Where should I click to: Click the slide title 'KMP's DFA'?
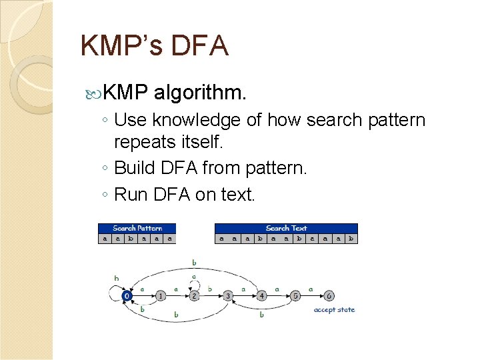click(154, 46)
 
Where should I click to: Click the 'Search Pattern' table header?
click(137, 228)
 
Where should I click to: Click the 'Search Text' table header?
click(286, 228)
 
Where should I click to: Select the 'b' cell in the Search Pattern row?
click(131, 238)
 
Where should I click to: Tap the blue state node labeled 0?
click(127, 295)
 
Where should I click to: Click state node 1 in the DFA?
click(161, 295)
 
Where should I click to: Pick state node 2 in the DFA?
click(194, 295)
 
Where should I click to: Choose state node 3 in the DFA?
click(228, 295)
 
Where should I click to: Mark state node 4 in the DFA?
click(262, 295)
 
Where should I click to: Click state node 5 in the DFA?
click(295, 295)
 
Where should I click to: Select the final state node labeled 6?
click(329, 295)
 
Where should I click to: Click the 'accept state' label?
click(335, 309)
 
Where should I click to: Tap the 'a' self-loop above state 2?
click(194, 276)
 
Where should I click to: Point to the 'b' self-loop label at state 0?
click(116, 278)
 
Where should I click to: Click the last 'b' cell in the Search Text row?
click(351, 238)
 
